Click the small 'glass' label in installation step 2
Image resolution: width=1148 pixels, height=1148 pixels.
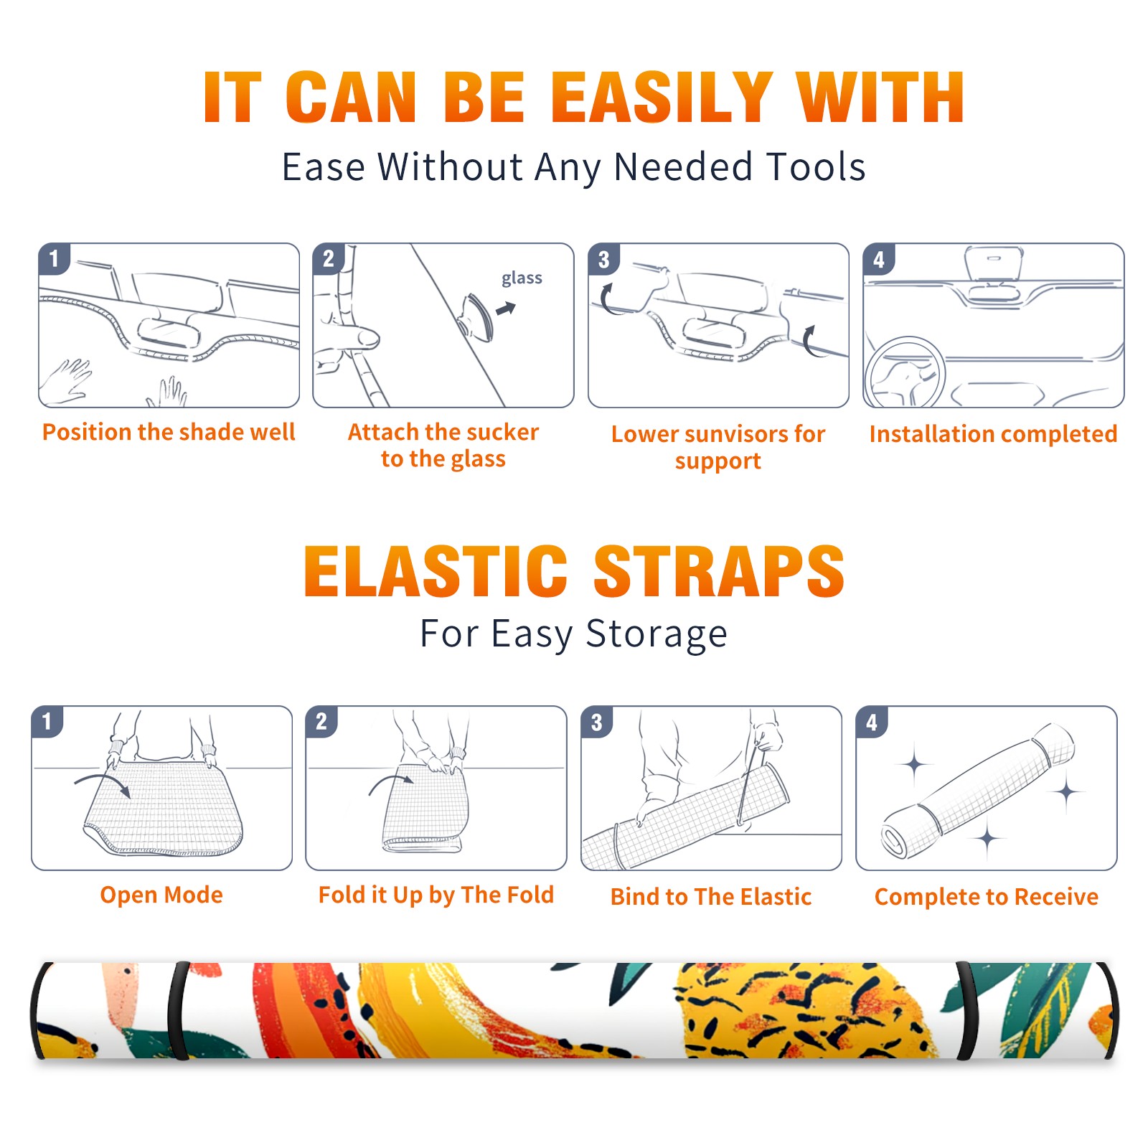(522, 278)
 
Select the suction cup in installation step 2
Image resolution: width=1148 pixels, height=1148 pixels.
(476, 316)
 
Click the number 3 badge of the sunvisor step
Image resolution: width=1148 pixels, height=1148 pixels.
(603, 260)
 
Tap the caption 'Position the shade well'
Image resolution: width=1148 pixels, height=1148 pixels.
(169, 432)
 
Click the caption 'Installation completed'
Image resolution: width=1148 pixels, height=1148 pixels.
(993, 433)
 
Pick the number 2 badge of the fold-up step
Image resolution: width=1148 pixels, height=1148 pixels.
(321, 722)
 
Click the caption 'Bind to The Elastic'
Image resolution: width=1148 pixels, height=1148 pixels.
(710, 896)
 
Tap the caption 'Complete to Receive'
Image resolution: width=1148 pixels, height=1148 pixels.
(987, 896)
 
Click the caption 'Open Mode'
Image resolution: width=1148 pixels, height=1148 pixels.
(161, 895)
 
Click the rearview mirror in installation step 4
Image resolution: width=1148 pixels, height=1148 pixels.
(993, 263)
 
